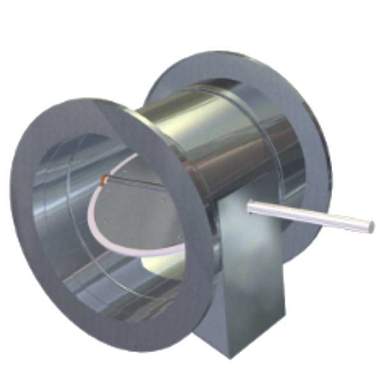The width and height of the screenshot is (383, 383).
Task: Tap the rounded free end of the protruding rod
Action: (370, 225)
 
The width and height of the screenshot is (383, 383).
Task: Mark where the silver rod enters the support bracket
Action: (250, 206)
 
